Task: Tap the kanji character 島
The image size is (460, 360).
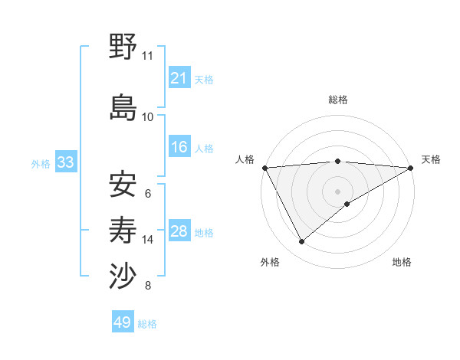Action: (123, 106)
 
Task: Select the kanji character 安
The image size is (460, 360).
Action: (123, 184)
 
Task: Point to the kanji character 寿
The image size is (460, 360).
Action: (123, 230)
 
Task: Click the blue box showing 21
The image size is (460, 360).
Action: (179, 77)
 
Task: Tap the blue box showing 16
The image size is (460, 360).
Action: (179, 147)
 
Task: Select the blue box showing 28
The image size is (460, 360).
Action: (179, 231)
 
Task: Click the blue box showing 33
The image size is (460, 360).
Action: (65, 162)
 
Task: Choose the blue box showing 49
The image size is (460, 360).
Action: (123, 322)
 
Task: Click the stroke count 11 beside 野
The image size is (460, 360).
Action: (147, 56)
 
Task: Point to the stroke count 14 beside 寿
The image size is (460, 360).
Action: (147, 240)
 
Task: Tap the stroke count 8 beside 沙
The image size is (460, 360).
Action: (147, 286)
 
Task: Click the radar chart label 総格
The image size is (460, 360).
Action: (337, 100)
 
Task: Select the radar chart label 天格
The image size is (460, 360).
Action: (431, 159)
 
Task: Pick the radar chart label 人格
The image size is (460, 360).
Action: (245, 159)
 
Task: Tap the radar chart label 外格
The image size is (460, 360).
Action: (270, 263)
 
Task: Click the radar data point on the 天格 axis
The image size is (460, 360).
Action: (411, 167)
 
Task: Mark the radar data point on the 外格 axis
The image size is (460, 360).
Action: (301, 241)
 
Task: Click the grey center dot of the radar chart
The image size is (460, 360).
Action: (337, 191)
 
